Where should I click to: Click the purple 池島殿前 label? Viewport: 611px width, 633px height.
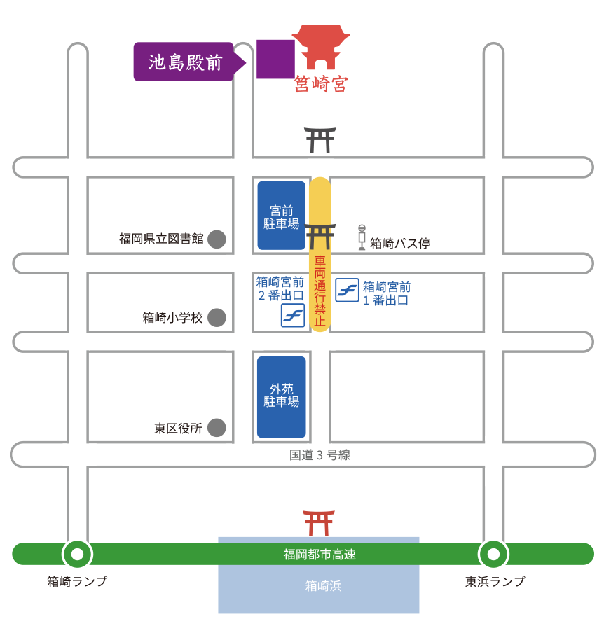coord(184,62)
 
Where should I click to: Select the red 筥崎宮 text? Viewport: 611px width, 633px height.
coord(320,85)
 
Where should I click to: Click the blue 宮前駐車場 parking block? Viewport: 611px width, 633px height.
coord(282,216)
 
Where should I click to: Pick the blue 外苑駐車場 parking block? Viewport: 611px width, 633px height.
coord(282,396)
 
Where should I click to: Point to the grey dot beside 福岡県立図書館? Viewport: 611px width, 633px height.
coord(217,239)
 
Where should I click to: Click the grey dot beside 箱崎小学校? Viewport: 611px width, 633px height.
coord(217,317)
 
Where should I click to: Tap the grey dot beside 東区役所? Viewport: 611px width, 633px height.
coord(217,427)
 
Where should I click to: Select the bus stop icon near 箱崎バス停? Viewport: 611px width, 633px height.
coord(362,237)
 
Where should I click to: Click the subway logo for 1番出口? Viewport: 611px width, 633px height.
coord(347,290)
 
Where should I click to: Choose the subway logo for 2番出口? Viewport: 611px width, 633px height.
coord(293,316)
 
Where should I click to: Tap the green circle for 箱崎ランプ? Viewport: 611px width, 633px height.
coord(77,555)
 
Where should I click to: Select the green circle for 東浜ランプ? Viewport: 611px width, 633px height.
coord(493,555)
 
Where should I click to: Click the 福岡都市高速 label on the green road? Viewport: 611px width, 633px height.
coord(320,555)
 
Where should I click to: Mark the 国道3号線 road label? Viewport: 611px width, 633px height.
coord(320,455)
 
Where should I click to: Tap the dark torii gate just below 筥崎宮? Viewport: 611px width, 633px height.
coord(320,140)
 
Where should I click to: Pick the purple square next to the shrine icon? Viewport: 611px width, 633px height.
coord(275,59)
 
